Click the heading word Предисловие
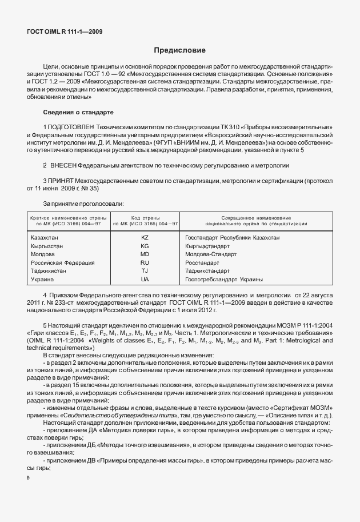pyautogui.click(x=179, y=51)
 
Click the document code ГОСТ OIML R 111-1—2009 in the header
pyautogui.click(x=65, y=31)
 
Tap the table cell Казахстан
pyautogui.click(x=43, y=237)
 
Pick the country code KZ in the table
pyautogui.click(x=145, y=237)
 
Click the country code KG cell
pyautogui.click(x=145, y=245)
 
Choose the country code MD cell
pyautogui.click(x=145, y=254)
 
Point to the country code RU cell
pyautogui.click(x=145, y=262)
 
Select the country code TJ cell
pyautogui.click(x=145, y=271)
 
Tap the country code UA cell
pyautogui.click(x=145, y=280)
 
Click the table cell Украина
pyautogui.click(x=42, y=280)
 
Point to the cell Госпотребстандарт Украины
pyautogui.click(x=224, y=280)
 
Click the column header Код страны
pyautogui.click(x=145, y=218)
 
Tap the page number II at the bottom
pyautogui.click(x=29, y=475)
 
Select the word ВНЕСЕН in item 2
pyautogui.click(x=67, y=165)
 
